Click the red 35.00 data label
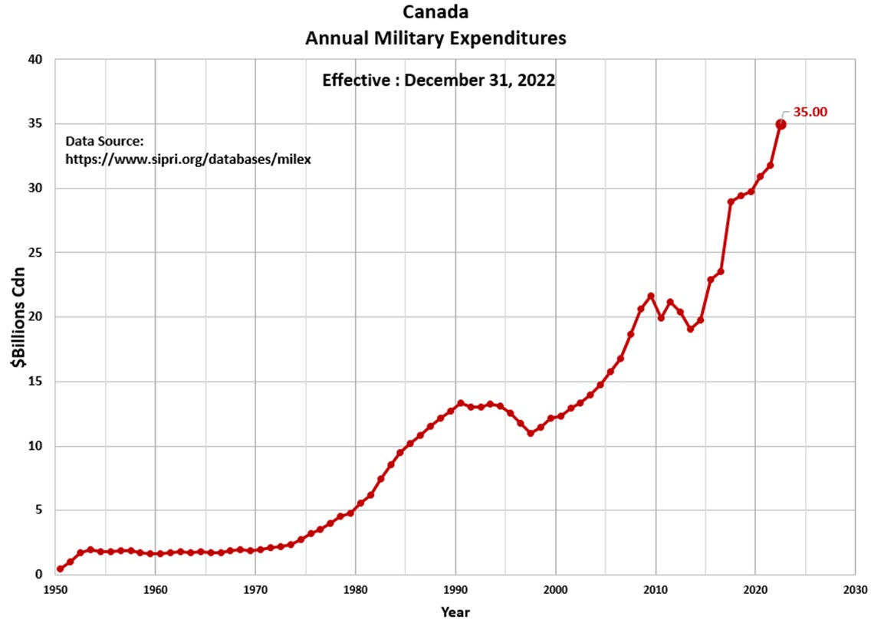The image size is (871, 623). click(x=810, y=112)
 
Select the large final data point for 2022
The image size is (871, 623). click(x=781, y=124)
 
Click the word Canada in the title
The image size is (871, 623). click(x=435, y=12)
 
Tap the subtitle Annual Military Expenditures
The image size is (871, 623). click(x=435, y=38)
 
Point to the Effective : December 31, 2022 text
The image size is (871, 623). click(x=438, y=80)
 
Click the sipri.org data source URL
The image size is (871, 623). click(x=188, y=159)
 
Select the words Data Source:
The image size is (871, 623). click(x=104, y=141)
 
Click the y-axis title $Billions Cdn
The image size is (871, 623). click(x=18, y=316)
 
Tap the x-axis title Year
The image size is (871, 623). click(x=455, y=612)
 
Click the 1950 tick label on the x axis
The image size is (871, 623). click(x=55, y=590)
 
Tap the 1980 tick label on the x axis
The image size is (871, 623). click(x=355, y=590)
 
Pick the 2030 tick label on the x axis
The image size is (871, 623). click(x=854, y=590)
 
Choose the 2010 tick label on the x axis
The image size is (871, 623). click(x=655, y=590)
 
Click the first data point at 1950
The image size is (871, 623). click(x=60, y=569)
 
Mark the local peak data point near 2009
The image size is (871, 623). click(x=650, y=296)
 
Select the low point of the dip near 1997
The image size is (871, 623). click(x=531, y=433)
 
